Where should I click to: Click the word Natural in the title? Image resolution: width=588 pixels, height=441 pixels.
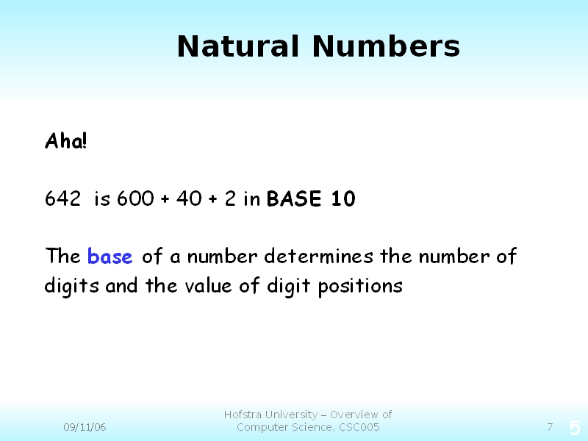tap(238, 46)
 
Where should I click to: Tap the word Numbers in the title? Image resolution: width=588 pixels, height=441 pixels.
tap(386, 46)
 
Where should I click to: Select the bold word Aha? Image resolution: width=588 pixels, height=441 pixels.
tap(66, 141)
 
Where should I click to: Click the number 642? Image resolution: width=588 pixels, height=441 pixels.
tap(62, 198)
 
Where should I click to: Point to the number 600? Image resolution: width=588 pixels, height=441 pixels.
tap(135, 198)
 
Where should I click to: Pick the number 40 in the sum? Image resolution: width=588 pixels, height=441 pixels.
tap(189, 198)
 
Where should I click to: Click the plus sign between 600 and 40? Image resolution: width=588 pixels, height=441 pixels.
tap(165, 199)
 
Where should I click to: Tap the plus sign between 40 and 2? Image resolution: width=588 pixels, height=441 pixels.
tap(212, 199)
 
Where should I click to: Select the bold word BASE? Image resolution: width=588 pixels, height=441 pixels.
tap(294, 198)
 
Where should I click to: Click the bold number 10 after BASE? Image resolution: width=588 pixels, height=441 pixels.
tap(343, 198)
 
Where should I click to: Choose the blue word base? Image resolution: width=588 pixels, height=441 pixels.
tap(110, 257)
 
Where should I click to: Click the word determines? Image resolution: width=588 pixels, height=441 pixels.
tap(319, 257)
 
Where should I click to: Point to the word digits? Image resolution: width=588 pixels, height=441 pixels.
tap(71, 287)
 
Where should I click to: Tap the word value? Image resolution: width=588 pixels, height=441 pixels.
tap(208, 287)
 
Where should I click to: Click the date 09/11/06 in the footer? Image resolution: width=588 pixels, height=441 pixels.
tap(85, 427)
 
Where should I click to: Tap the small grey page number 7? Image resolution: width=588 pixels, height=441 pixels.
tap(550, 427)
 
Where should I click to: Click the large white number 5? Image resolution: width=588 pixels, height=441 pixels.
tap(575, 428)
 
